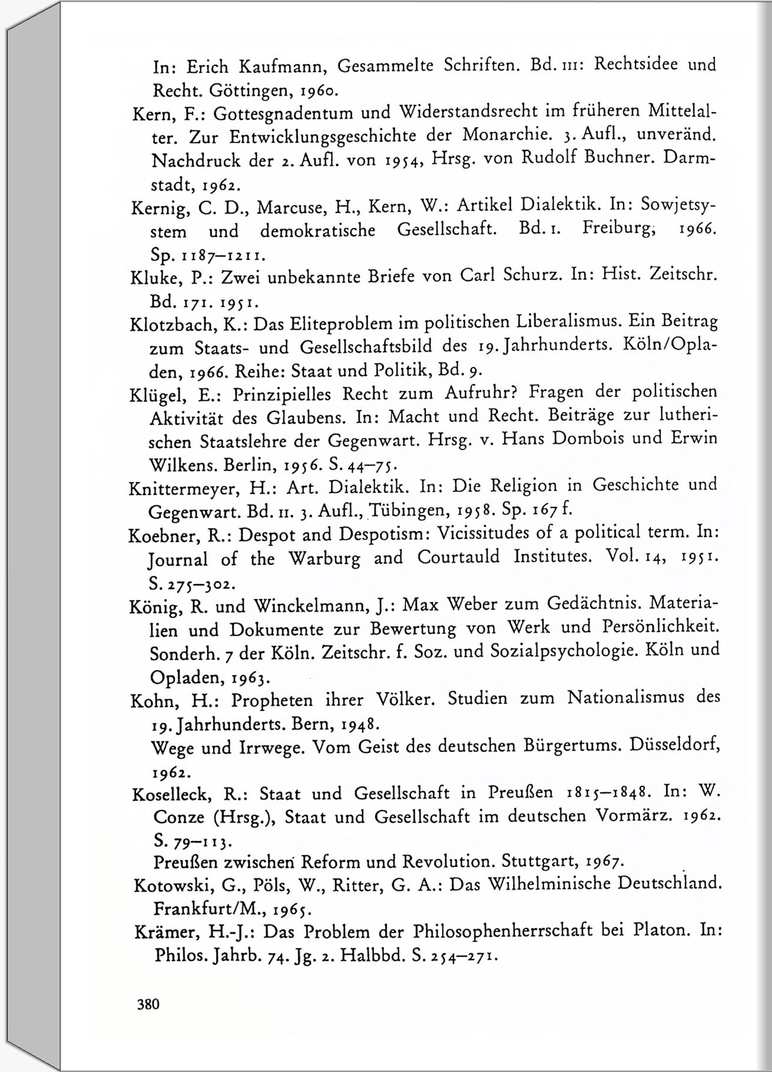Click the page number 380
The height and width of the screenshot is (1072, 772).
148,1004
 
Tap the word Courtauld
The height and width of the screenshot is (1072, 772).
458,557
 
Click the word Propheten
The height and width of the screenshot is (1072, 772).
272,700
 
